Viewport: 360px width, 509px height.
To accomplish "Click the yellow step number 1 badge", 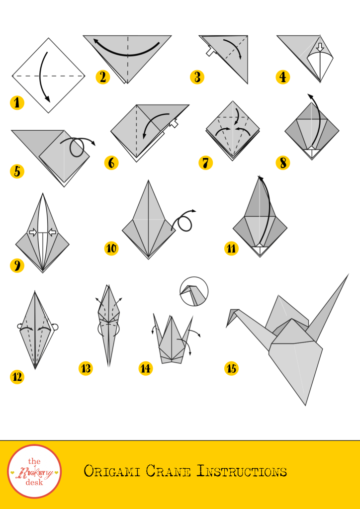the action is coord(17,103).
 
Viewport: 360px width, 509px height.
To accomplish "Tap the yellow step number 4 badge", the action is coord(283,77).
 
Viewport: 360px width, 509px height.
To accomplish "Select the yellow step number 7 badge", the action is coord(206,163).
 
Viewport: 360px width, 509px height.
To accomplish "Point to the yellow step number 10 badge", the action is coord(111,249).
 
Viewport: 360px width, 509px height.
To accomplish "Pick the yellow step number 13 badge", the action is coord(86,368).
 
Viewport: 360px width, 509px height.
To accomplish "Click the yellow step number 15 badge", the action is coord(231,368).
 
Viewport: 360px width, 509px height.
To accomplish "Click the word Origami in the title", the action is coord(112,471).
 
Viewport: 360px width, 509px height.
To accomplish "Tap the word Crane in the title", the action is coord(168,471).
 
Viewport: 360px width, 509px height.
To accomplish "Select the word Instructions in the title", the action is coord(242,471).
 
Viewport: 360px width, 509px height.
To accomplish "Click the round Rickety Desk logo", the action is coord(34,471).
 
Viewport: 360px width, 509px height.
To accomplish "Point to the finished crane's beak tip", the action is coord(227,327).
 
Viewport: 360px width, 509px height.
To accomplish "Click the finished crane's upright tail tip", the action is coord(348,274).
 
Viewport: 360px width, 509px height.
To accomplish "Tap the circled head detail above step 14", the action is coord(194,291).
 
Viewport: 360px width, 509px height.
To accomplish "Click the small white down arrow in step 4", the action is coord(320,47).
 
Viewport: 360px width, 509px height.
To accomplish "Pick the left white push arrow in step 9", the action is coord(33,232).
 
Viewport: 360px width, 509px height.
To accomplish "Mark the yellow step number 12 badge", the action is coord(17,377).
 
